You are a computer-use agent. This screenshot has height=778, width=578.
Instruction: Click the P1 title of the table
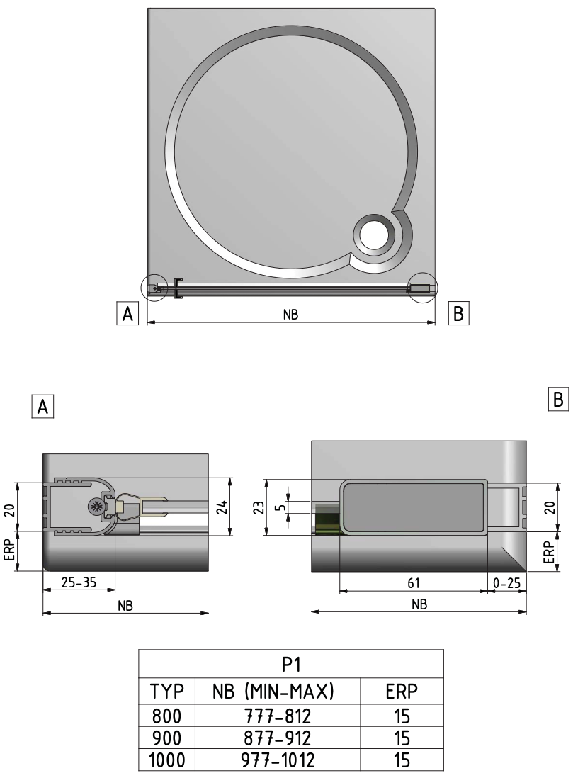tap(290, 665)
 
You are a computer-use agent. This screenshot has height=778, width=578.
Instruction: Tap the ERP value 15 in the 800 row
tap(402, 714)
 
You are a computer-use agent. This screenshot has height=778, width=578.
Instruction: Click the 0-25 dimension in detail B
tap(506, 582)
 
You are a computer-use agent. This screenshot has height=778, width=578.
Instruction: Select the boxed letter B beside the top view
tap(458, 312)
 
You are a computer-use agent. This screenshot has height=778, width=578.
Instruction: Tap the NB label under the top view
tap(290, 316)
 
